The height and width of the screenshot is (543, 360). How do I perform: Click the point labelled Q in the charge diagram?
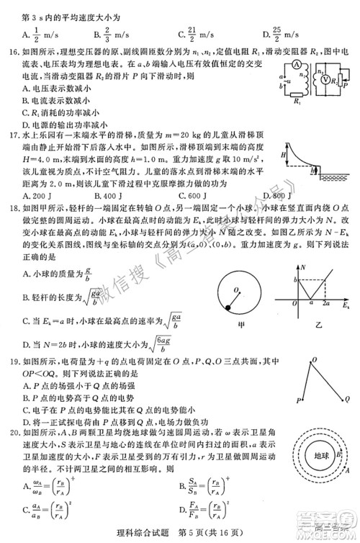coord(348,398)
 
